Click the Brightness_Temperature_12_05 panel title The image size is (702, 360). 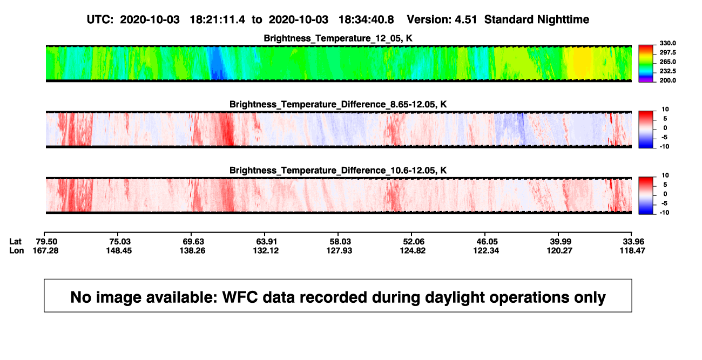338,38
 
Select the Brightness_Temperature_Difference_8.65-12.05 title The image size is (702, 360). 338,104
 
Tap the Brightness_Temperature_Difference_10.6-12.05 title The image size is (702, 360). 338,171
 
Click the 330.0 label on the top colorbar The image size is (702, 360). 667,43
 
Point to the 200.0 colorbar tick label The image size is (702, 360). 667,80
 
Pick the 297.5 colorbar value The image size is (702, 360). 667,52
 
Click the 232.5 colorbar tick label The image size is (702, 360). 667,71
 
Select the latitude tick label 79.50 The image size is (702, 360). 46,242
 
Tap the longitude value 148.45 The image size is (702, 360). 119,250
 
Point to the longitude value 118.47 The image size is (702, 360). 632,250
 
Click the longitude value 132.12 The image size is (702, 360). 266,250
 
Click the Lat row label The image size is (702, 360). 15,242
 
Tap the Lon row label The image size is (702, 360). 16,250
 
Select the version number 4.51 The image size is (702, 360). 465,19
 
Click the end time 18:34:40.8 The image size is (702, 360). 366,19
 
